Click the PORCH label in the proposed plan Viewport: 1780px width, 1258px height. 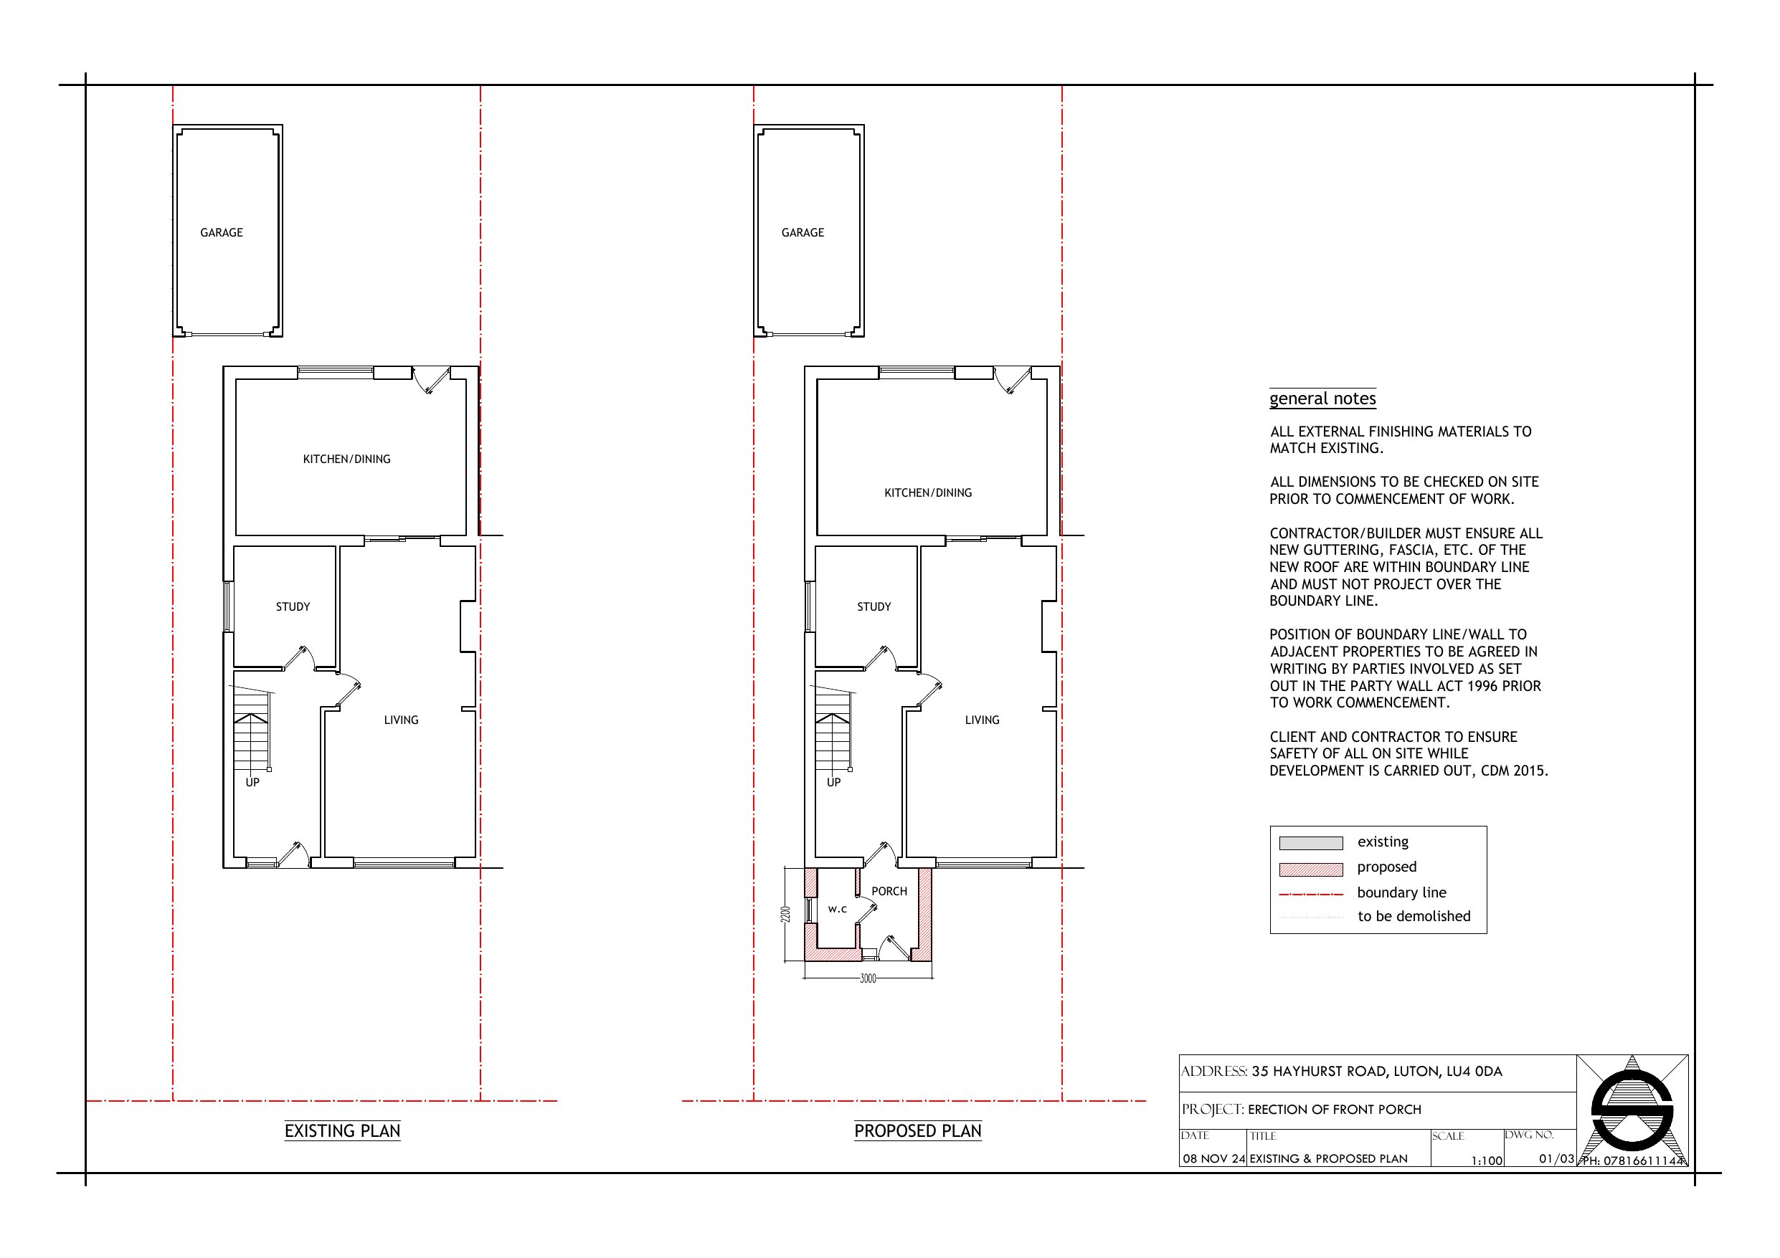[889, 892]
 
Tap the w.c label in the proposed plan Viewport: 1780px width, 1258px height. [837, 909]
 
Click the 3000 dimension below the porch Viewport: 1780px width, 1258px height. [868, 979]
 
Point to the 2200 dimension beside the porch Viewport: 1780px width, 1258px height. [786, 914]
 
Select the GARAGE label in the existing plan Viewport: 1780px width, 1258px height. [221, 232]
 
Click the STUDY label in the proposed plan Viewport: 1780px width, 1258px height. [874, 607]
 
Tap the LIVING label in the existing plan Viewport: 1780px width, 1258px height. [401, 720]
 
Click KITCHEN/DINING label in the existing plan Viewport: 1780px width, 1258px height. [346, 459]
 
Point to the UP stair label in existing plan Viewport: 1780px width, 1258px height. [252, 783]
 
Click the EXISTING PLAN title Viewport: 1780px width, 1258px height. [342, 1131]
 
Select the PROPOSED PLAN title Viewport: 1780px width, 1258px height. [917, 1131]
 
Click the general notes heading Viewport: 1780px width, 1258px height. [1322, 399]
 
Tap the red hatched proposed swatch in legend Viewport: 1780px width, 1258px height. [1310, 869]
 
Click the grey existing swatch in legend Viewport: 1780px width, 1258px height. [1310, 843]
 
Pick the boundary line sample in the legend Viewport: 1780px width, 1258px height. [1310, 895]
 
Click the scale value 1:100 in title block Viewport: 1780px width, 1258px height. [1486, 1161]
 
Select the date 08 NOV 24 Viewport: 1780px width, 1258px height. [1213, 1159]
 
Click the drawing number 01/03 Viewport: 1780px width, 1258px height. [1556, 1159]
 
